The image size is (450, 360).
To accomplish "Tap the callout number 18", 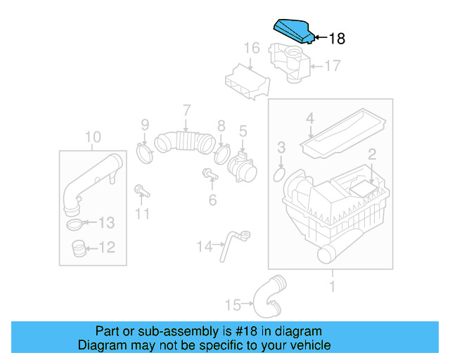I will point(337,39).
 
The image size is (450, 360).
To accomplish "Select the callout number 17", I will point(331,67).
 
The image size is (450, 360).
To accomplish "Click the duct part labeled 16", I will point(245,82).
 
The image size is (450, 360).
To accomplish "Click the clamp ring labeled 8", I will point(221,151).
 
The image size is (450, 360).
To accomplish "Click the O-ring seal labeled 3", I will point(279,172).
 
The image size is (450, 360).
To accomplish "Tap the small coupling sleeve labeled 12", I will point(79,247).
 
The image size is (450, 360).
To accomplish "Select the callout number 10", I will point(93,136).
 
